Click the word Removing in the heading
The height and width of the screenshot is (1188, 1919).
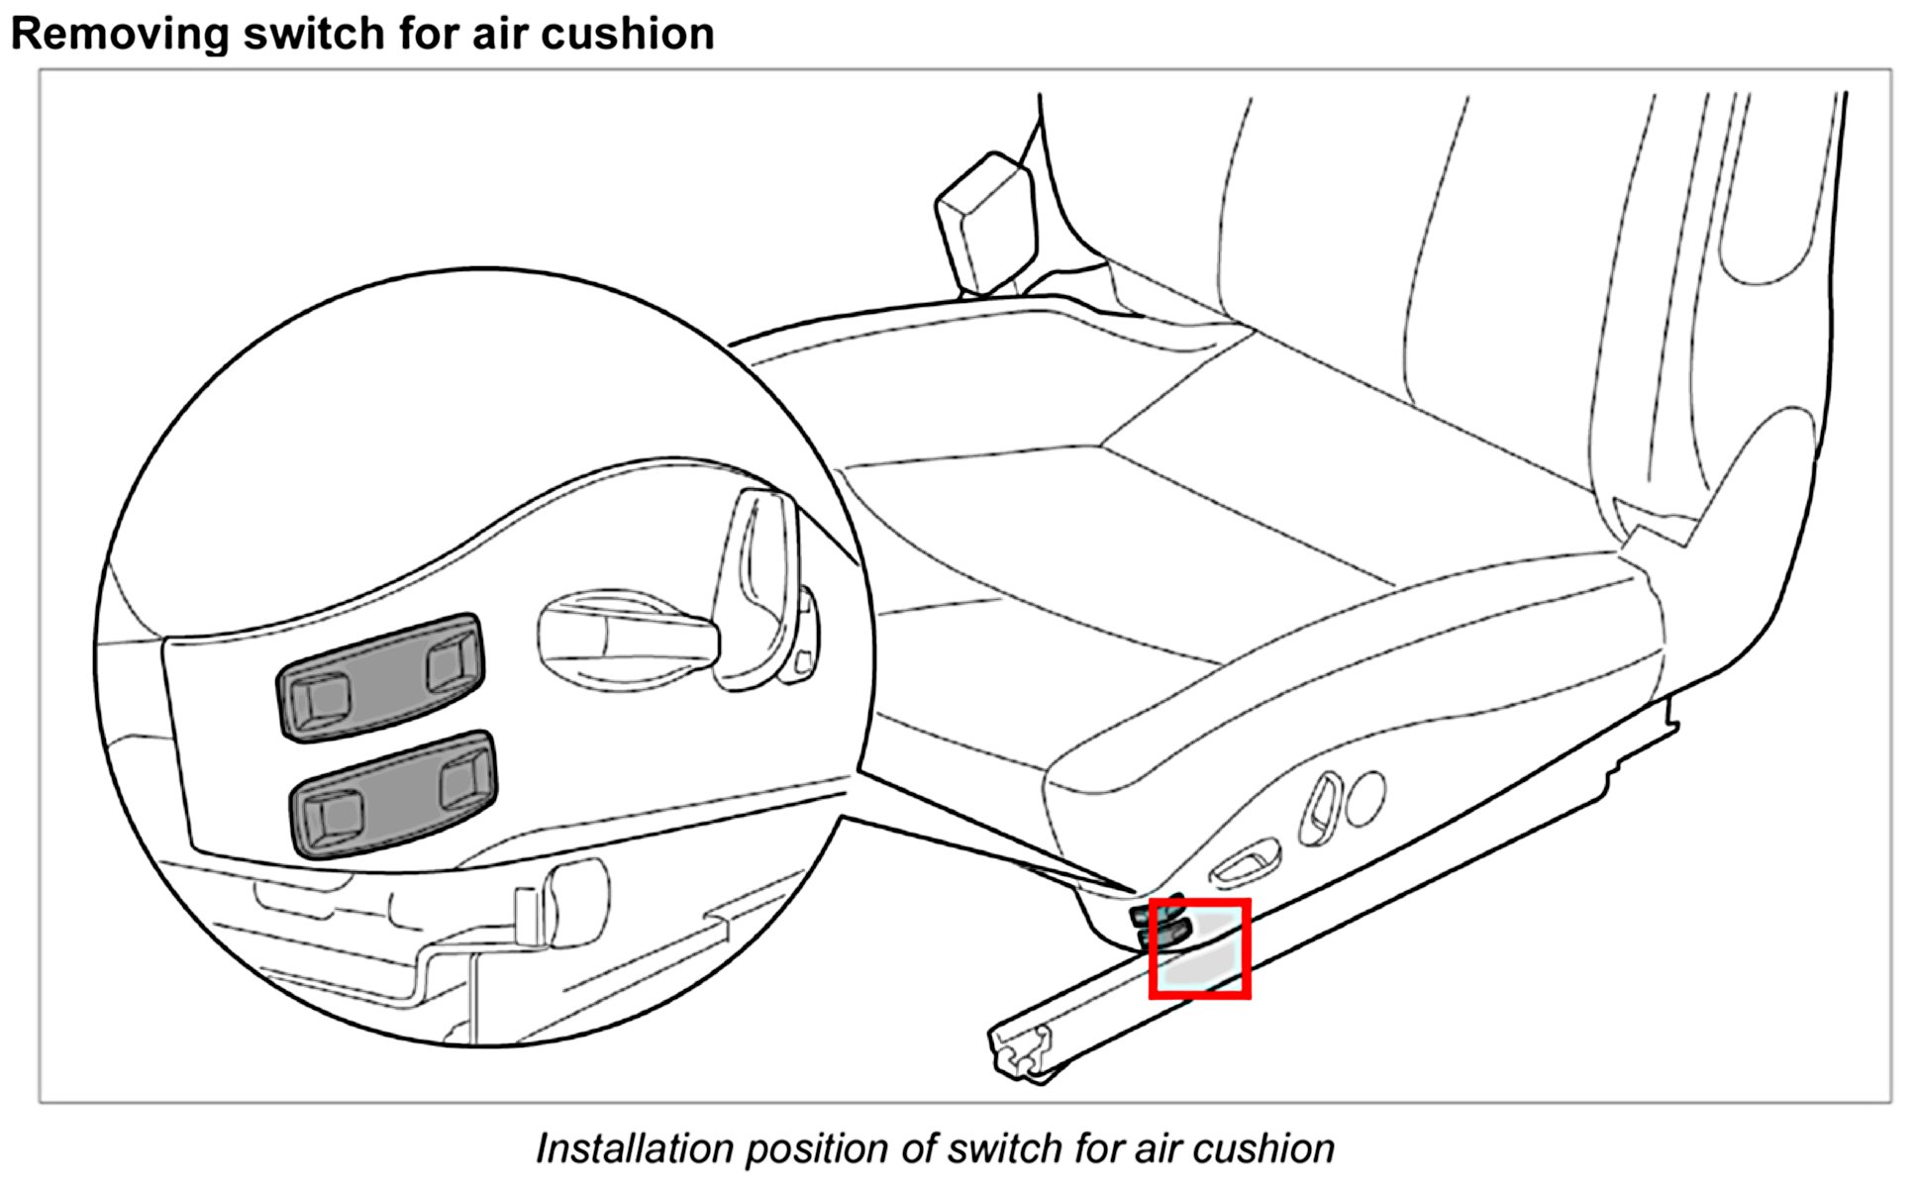119,34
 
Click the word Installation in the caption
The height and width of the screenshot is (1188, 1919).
633,1148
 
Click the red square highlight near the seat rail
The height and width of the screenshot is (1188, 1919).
1199,948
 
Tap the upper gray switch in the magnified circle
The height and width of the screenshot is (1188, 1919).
381,677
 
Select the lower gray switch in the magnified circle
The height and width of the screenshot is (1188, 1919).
393,794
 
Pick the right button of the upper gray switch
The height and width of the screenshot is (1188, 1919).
452,662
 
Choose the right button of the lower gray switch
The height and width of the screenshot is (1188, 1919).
463,777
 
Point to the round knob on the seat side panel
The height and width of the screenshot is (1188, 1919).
1364,798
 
